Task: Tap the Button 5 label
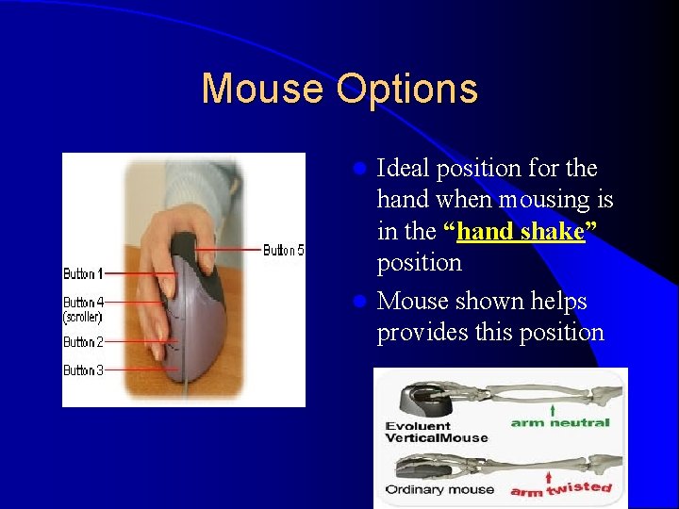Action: pos(283,250)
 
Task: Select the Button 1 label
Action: pos(84,273)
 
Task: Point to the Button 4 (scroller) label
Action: pos(84,310)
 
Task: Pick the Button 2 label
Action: pos(84,342)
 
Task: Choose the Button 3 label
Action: pos(84,370)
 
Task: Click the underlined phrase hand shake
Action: pos(520,232)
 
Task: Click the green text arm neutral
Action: pos(560,423)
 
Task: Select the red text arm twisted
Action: pos(560,489)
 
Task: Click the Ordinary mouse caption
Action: pos(439,489)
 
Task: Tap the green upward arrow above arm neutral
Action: pos(552,411)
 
